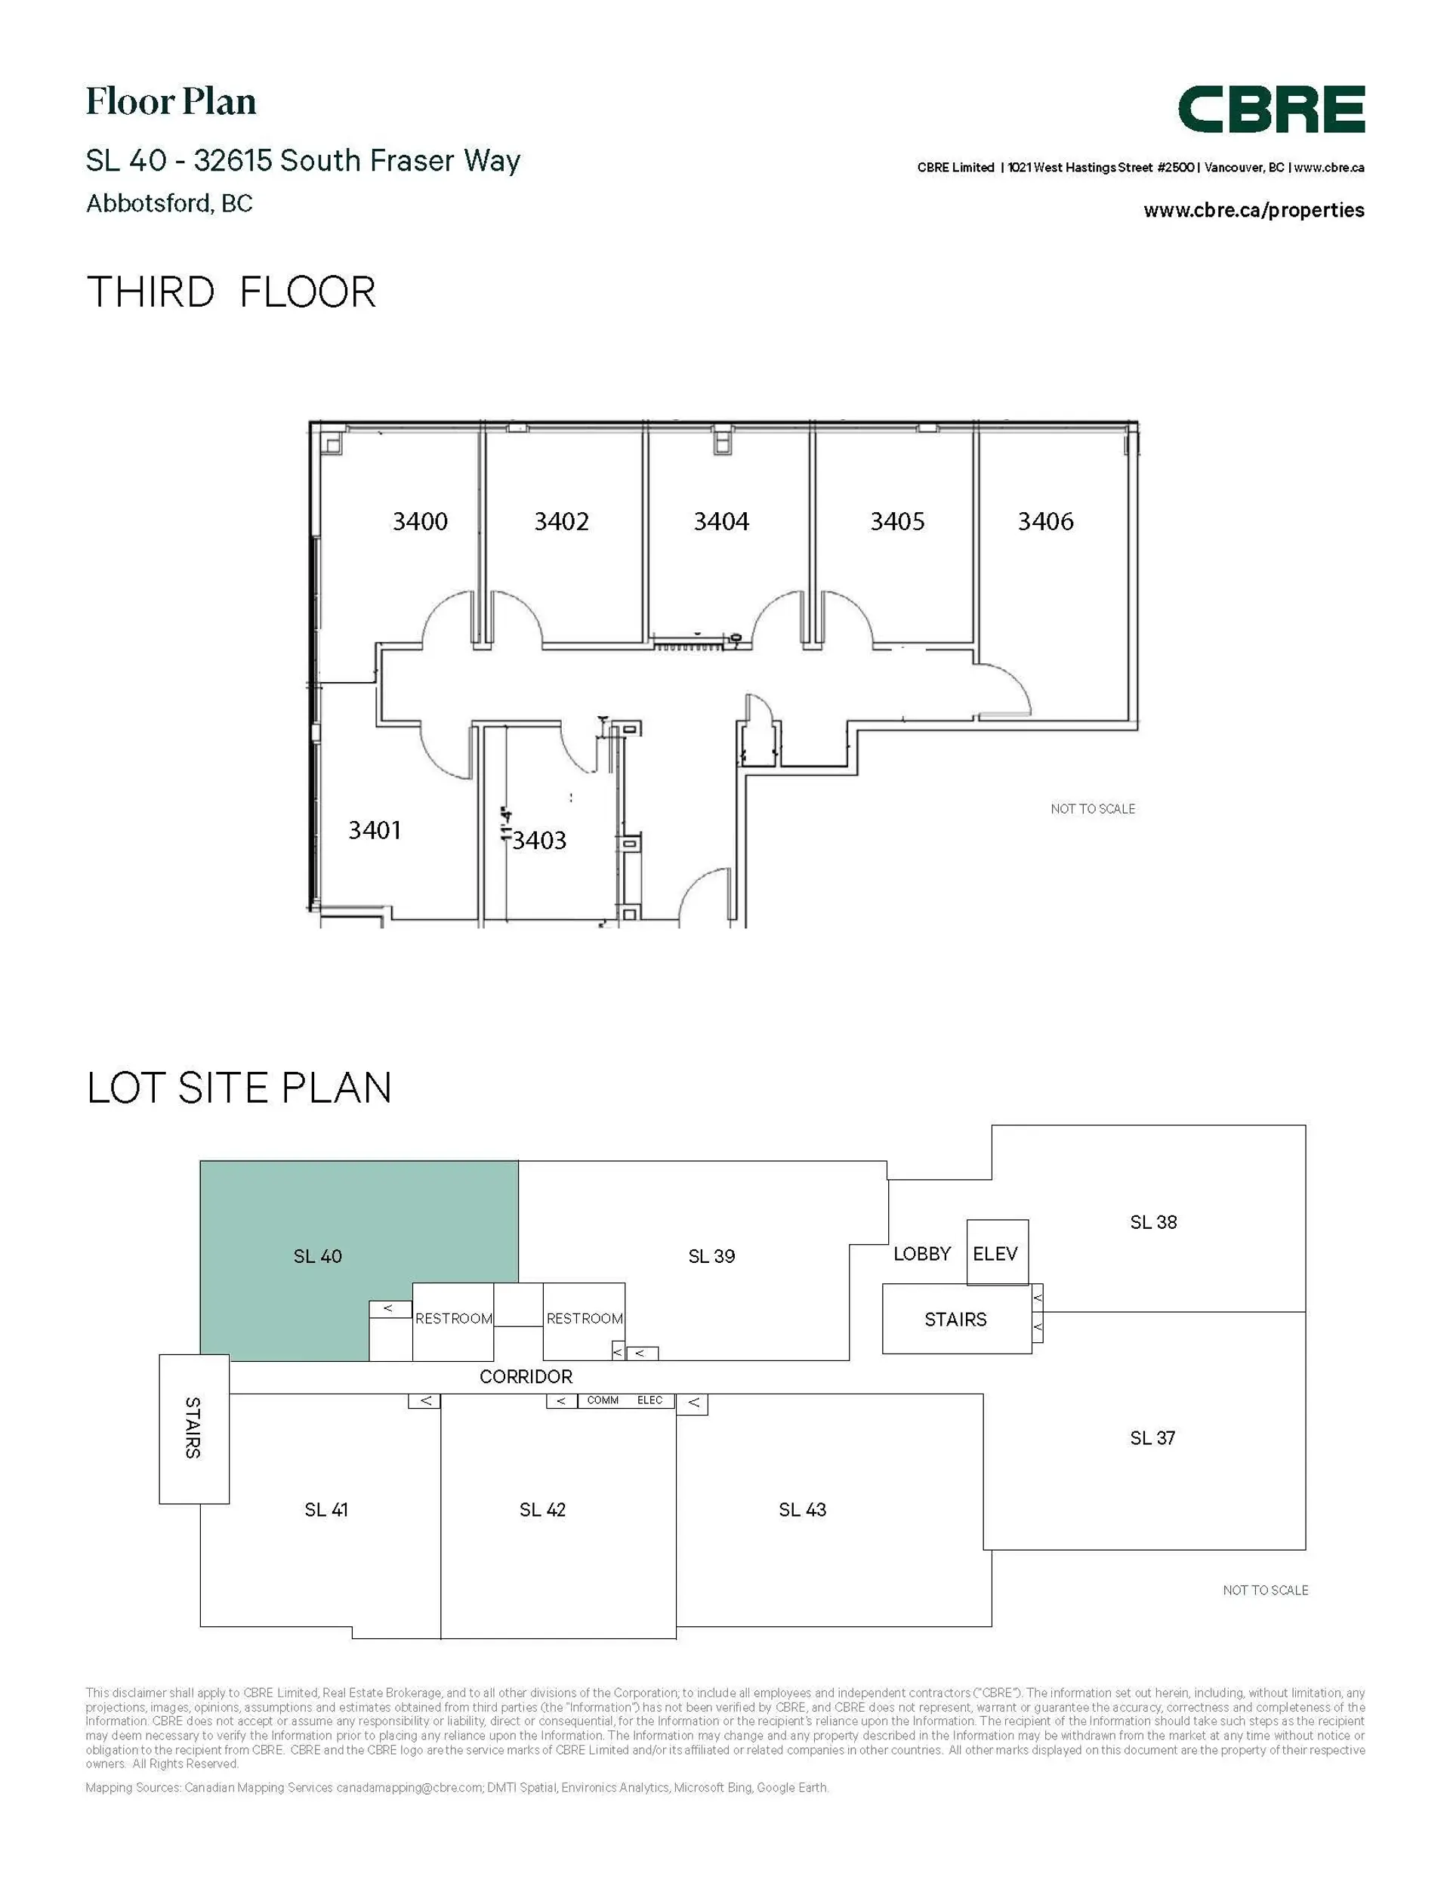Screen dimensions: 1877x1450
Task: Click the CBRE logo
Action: [x=1270, y=110]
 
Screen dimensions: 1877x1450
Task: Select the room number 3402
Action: [x=561, y=521]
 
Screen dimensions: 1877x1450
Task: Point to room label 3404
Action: [x=721, y=521]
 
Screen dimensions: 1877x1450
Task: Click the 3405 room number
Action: [x=896, y=521]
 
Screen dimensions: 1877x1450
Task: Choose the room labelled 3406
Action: [x=1045, y=521]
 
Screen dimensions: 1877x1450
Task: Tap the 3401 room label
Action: [x=374, y=829]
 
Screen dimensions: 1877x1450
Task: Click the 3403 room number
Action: [x=540, y=840]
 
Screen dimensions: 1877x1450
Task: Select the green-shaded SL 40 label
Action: [x=317, y=1255]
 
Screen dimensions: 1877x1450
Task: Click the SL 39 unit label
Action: [x=711, y=1255]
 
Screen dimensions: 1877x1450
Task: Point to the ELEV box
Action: [x=995, y=1253]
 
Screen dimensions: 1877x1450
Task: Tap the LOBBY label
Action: [x=921, y=1253]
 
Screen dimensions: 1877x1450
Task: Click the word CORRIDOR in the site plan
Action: [x=525, y=1376]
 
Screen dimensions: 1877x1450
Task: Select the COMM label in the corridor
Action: [x=603, y=1400]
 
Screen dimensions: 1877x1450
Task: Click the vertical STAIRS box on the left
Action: [x=193, y=1428]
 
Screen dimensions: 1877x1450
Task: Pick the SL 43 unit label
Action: [x=802, y=1509]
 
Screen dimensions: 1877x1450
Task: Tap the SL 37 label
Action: [x=1152, y=1437]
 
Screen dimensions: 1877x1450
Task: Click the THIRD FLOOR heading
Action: [x=230, y=292]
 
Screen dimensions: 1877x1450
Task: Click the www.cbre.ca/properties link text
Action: [x=1253, y=210]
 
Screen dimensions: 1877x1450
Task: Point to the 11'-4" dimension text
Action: [x=506, y=823]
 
